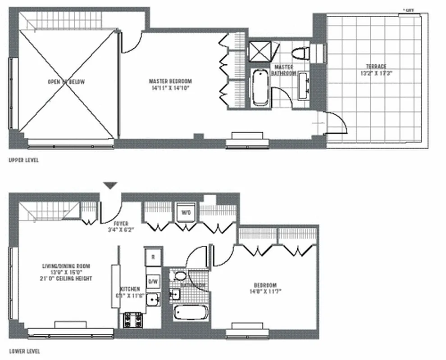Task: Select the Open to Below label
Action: [66, 82]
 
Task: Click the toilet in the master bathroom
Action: [300, 53]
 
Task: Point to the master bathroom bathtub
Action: [260, 87]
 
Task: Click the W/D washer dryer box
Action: [185, 213]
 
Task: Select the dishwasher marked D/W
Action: [153, 281]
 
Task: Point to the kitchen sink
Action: [153, 299]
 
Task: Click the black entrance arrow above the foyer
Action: [110, 185]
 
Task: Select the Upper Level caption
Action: [23, 160]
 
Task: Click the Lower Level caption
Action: [24, 351]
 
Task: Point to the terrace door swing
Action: [336, 123]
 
